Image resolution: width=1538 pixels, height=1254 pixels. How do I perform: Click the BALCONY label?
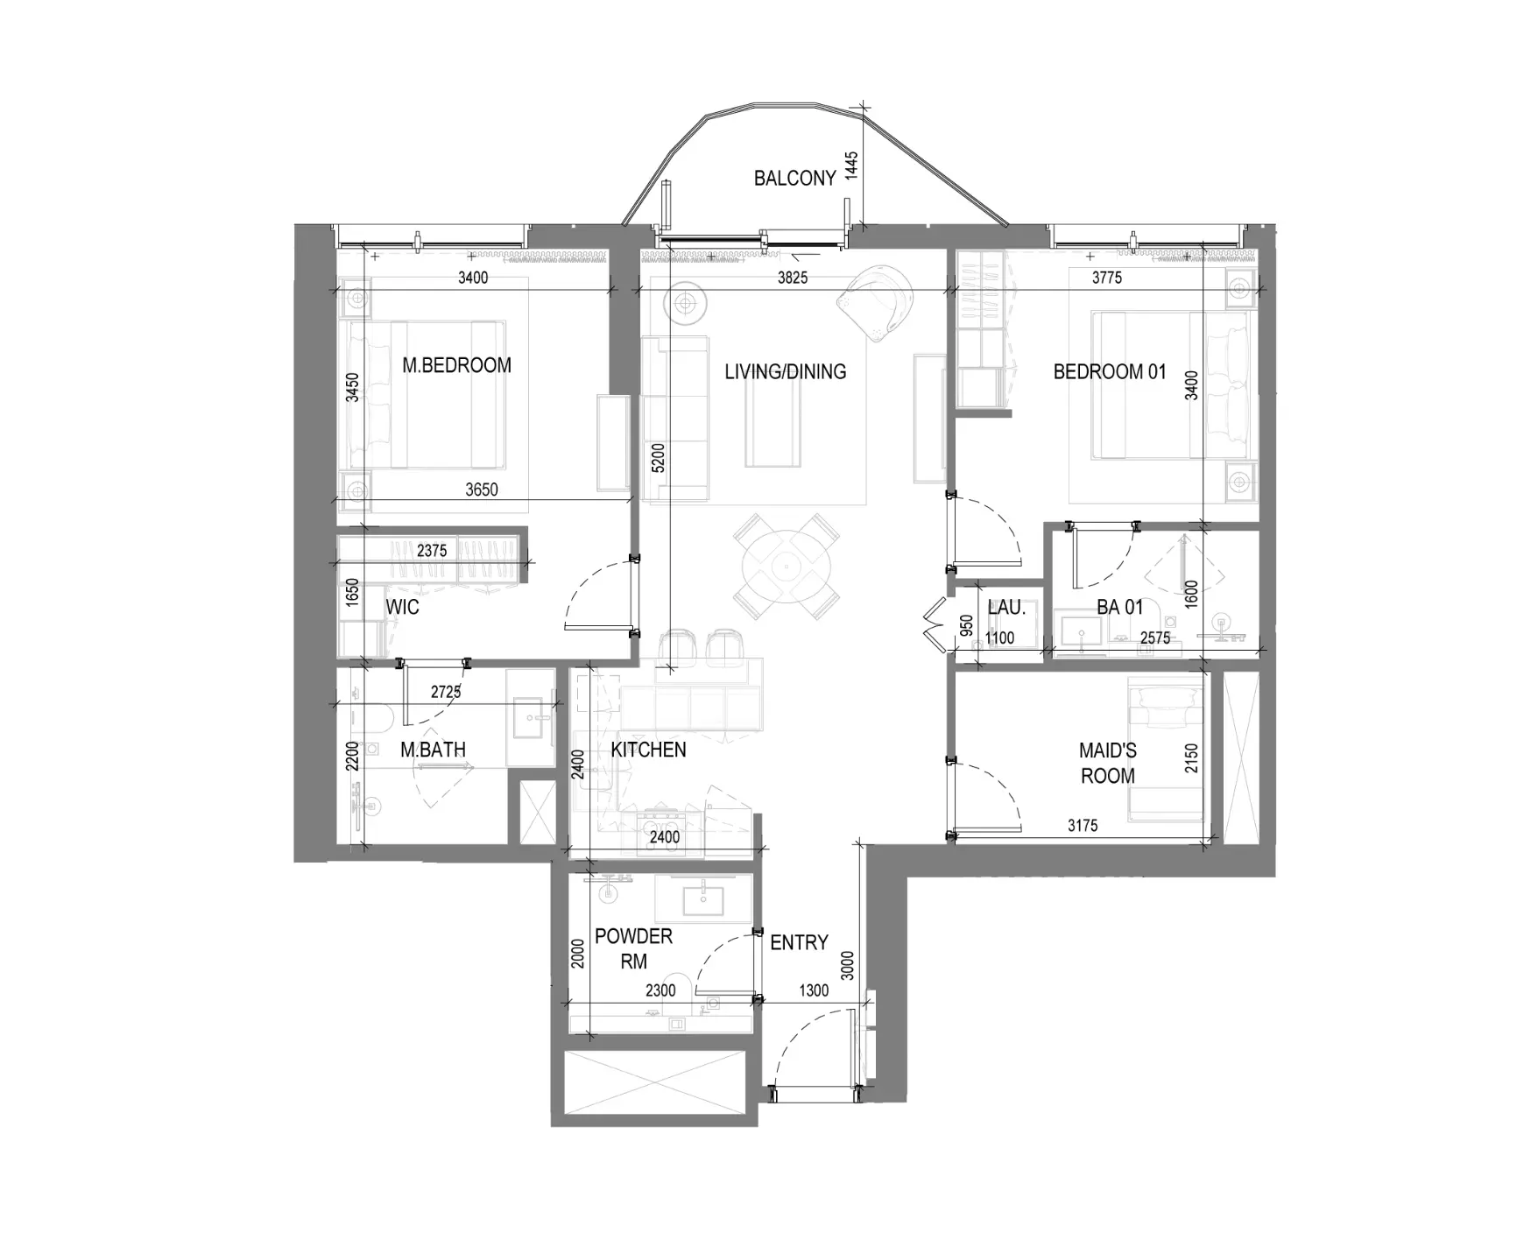coord(794,179)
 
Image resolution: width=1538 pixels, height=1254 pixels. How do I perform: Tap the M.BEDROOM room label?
coord(456,365)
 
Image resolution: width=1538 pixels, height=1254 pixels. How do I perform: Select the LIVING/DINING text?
coord(786,371)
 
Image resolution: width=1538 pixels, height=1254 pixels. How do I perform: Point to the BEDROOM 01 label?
coord(1110,371)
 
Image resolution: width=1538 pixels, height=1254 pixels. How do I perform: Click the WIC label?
coord(402,607)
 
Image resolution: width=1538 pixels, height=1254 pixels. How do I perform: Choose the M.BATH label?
coord(433,750)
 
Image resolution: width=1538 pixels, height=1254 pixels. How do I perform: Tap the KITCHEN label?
coord(648,750)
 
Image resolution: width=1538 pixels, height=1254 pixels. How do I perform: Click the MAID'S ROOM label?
coord(1108,763)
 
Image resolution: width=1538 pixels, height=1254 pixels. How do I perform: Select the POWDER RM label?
coord(633,948)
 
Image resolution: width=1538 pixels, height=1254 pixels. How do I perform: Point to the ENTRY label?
coord(799,942)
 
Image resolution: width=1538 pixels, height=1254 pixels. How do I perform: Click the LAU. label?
coord(1006,607)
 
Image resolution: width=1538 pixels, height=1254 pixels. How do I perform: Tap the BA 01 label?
coord(1120,607)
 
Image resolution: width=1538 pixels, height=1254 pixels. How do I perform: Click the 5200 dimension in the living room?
coord(659,459)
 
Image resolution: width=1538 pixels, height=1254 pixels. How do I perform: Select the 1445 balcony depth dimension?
coord(852,166)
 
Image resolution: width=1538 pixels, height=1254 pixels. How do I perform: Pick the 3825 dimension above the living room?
coord(793,278)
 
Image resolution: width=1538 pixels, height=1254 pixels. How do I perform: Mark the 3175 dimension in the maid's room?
coord(1083,825)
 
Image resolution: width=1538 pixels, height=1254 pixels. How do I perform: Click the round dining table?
coord(786,566)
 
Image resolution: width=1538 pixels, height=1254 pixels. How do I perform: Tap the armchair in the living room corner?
coord(873,302)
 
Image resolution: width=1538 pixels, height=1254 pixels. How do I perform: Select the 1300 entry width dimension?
coord(814,990)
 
